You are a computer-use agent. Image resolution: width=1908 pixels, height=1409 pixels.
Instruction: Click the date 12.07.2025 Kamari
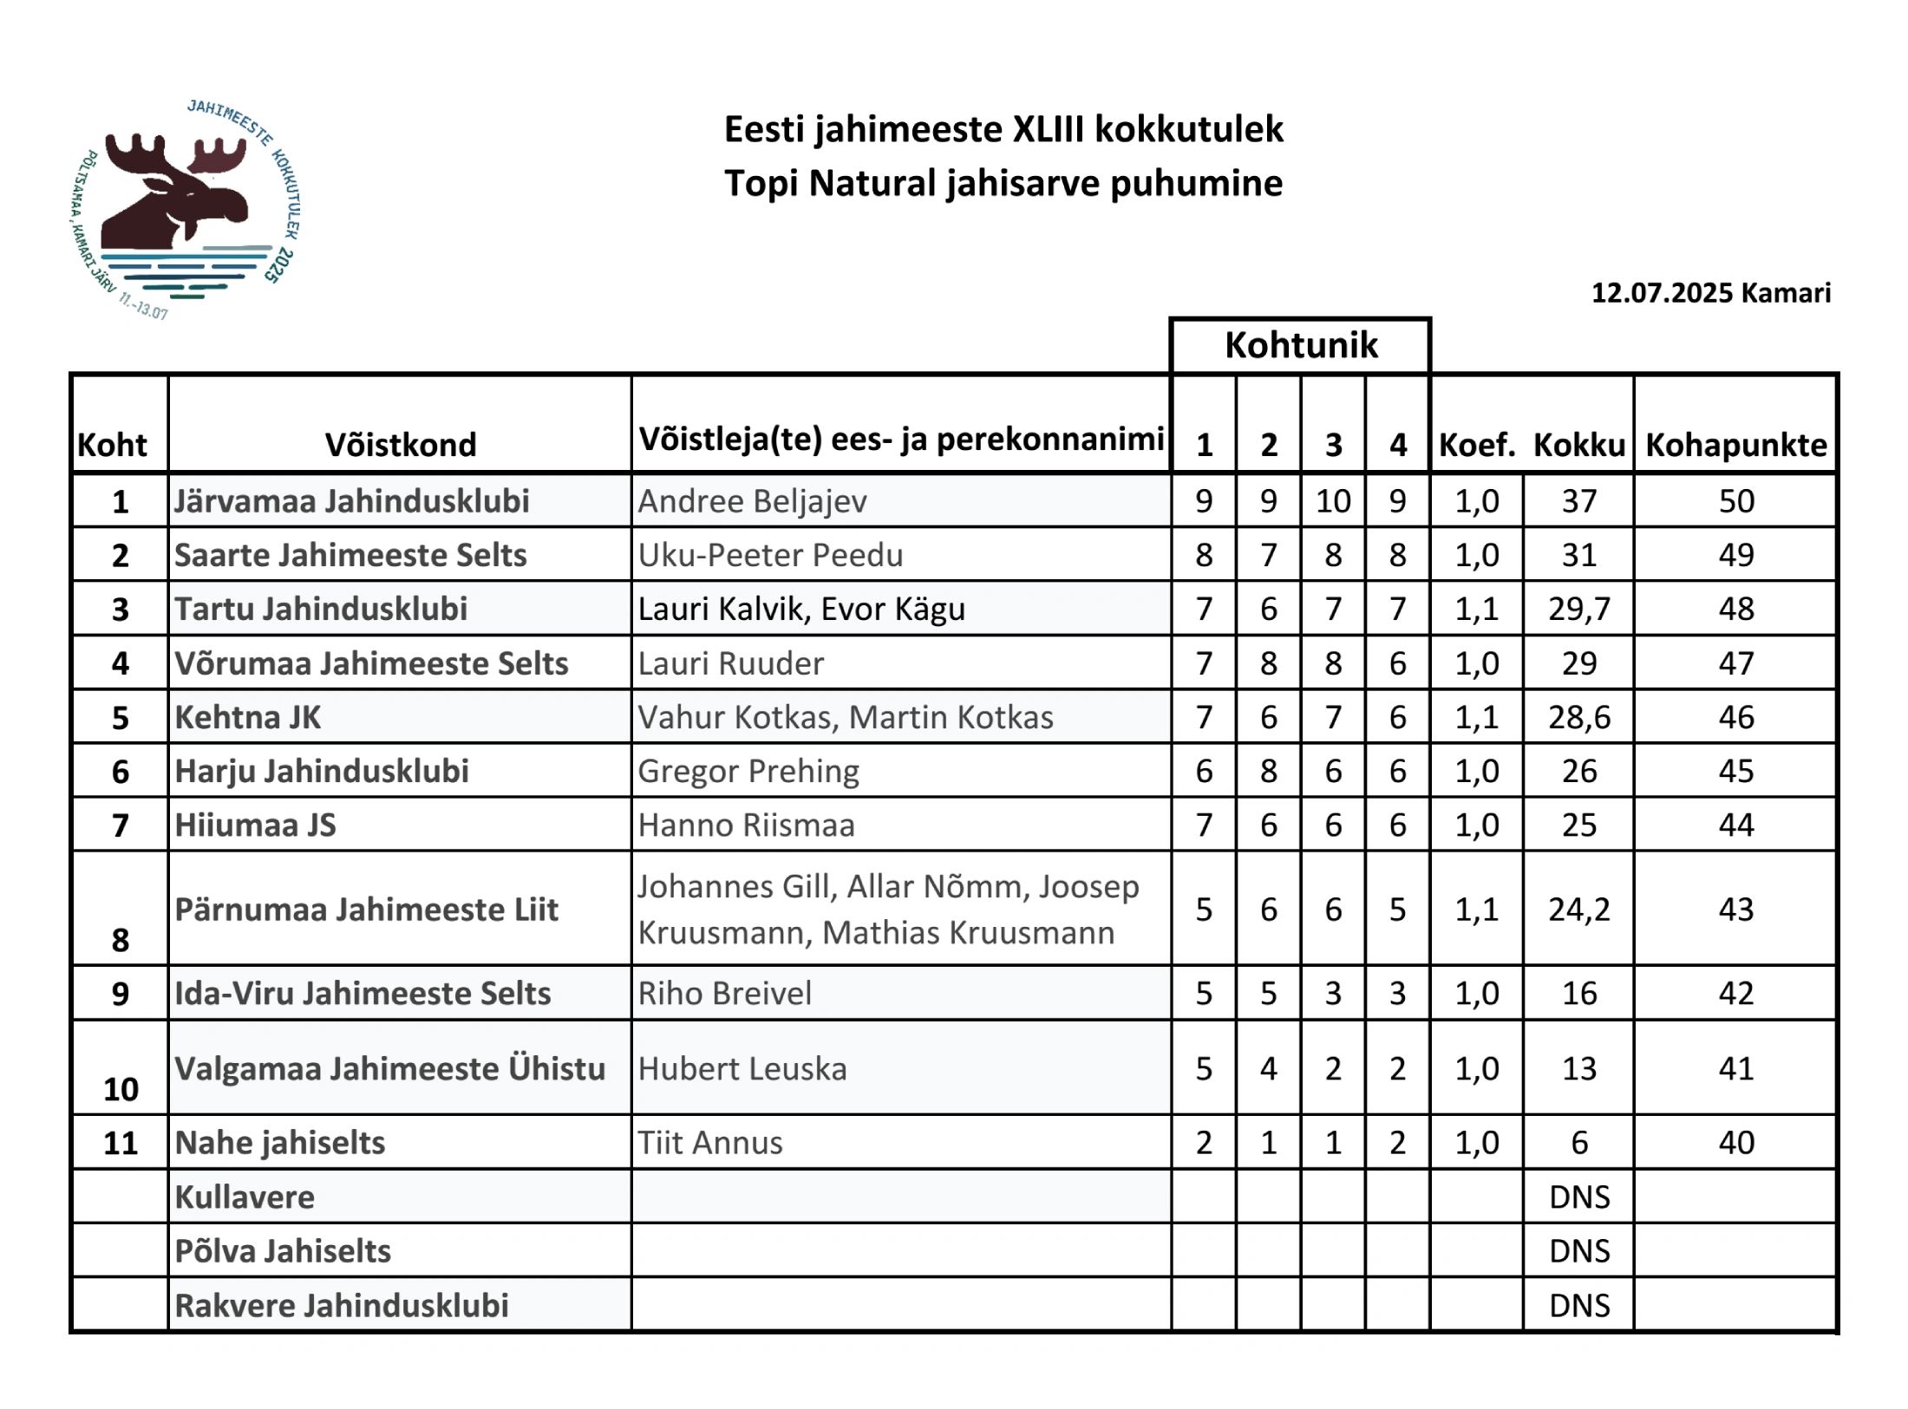tap(1710, 293)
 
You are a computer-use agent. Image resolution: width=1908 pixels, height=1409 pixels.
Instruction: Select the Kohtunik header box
tap(1300, 345)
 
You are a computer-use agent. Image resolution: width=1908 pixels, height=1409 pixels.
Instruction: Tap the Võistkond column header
tap(401, 445)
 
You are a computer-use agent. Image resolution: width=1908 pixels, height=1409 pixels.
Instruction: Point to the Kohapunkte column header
tap(1735, 445)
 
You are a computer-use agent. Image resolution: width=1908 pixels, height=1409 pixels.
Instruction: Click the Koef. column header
tap(1476, 445)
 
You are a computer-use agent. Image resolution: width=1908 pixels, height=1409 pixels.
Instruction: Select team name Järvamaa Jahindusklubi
tap(351, 501)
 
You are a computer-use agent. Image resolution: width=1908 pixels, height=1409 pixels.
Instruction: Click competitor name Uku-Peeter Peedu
tap(770, 555)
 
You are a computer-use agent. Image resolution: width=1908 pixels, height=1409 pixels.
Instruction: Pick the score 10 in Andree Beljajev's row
tap(1333, 501)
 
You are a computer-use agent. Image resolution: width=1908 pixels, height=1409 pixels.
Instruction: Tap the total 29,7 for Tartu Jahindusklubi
tap(1578, 609)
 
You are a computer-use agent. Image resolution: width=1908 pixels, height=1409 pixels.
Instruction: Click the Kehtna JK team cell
tap(248, 717)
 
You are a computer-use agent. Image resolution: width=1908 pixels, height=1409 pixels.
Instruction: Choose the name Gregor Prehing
tap(748, 771)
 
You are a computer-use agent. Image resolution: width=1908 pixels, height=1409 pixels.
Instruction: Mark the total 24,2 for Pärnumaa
tap(1578, 909)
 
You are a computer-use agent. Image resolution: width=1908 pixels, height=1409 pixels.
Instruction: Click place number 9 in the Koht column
tap(121, 994)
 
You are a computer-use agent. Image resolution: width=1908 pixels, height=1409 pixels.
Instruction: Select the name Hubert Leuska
tap(742, 1069)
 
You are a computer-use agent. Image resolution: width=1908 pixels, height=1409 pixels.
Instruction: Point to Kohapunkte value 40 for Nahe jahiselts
tap(1735, 1143)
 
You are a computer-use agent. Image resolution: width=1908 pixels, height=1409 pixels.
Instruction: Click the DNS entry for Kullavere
tap(1578, 1197)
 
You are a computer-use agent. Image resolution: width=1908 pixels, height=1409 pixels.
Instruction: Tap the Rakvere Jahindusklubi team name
tap(342, 1306)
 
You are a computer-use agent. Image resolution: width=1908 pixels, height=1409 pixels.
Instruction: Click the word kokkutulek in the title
tap(1188, 129)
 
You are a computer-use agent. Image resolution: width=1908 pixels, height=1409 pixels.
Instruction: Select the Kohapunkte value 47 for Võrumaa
tap(1735, 663)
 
